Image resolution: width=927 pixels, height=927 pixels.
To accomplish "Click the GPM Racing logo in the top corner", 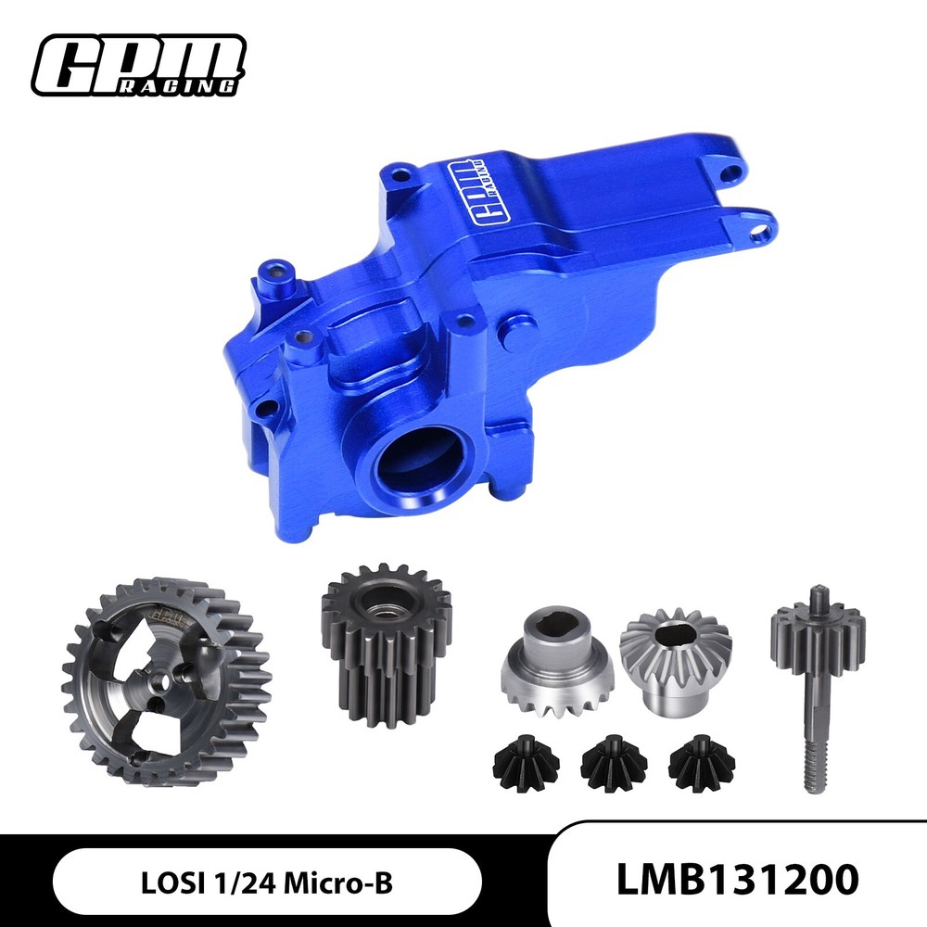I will tap(138, 64).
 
